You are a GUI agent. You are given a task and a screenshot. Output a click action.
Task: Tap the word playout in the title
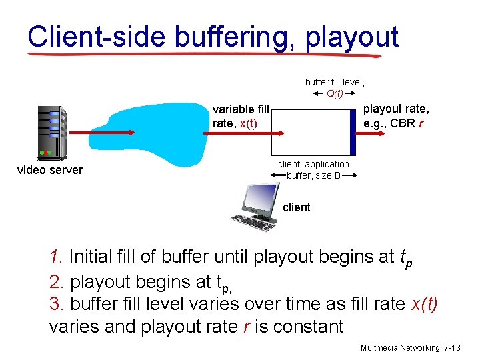point(352,37)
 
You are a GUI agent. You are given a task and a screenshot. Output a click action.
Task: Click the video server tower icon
point(52,133)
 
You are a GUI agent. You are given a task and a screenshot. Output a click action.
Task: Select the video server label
point(49,170)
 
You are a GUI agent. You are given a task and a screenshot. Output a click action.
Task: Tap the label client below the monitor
point(296,207)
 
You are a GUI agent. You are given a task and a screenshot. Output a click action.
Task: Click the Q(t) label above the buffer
point(335,93)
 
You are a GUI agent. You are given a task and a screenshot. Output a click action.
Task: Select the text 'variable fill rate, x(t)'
point(241,116)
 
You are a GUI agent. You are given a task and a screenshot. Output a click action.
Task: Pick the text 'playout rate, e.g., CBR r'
point(396,116)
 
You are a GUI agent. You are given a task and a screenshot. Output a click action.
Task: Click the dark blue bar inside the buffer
point(353,131)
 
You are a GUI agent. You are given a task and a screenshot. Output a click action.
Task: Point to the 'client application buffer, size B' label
point(313,170)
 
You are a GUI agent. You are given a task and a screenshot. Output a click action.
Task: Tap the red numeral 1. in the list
point(56,257)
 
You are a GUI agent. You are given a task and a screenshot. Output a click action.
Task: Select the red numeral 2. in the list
point(56,281)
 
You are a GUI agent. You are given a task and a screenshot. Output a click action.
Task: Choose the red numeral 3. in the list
point(56,304)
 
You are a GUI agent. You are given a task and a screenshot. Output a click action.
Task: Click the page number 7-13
point(455,348)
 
